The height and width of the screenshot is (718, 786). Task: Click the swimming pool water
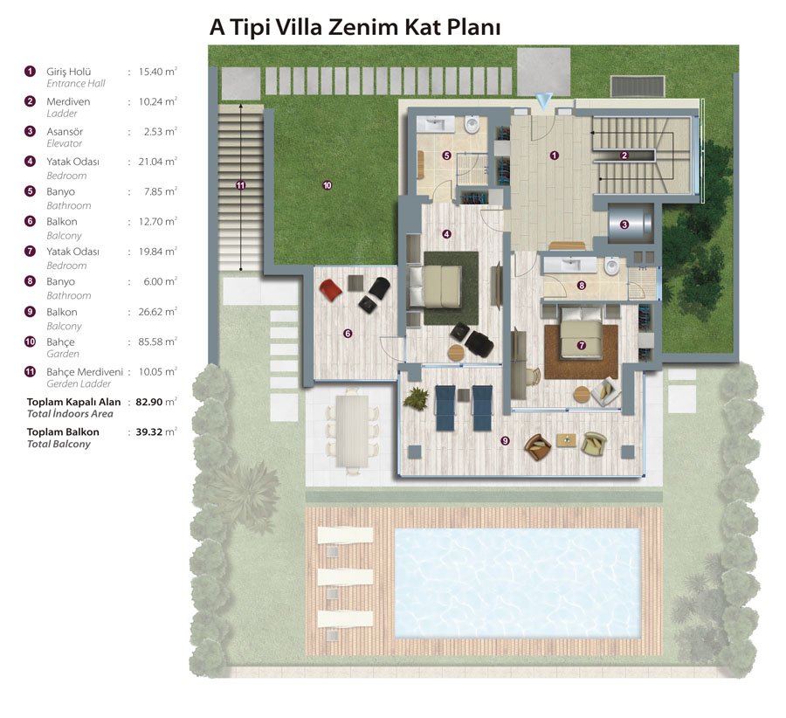[517, 583]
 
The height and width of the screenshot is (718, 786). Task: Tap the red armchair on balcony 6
[331, 290]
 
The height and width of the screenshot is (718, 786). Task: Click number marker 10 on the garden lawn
[327, 185]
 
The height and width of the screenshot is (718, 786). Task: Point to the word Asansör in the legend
[65, 131]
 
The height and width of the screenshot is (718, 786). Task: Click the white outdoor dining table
[353, 431]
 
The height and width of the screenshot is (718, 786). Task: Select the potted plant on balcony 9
[416, 398]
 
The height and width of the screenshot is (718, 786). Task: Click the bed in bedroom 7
[581, 333]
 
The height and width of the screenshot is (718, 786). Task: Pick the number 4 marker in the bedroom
[446, 234]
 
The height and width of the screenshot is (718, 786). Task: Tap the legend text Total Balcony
[59, 444]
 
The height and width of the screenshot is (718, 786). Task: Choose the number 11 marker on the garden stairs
[241, 185]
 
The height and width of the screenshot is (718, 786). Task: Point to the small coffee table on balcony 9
[566, 439]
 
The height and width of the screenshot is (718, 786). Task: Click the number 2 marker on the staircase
[624, 155]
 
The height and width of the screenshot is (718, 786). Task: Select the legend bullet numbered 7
[30, 252]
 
